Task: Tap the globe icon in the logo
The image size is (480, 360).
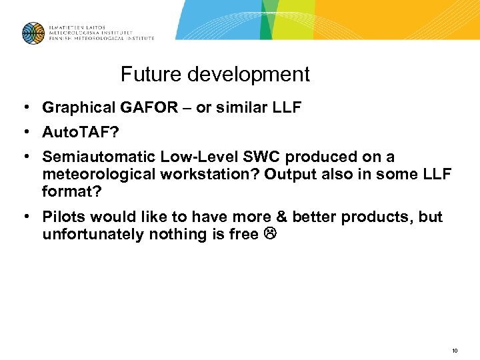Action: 33,33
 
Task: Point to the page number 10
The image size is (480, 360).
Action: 455,350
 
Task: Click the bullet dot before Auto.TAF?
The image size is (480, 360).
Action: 24,132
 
